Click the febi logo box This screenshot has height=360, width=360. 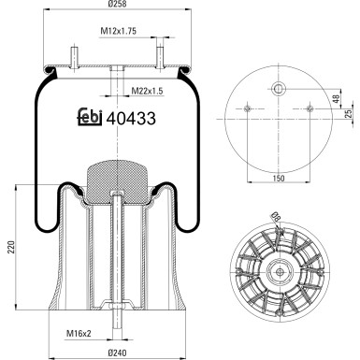pyautogui.click(x=89, y=119)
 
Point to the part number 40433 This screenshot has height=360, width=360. pyautogui.click(x=130, y=119)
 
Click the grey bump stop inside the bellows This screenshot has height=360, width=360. pyautogui.click(x=115, y=175)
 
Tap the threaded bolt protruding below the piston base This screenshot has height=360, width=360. pyautogui.click(x=115, y=329)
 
